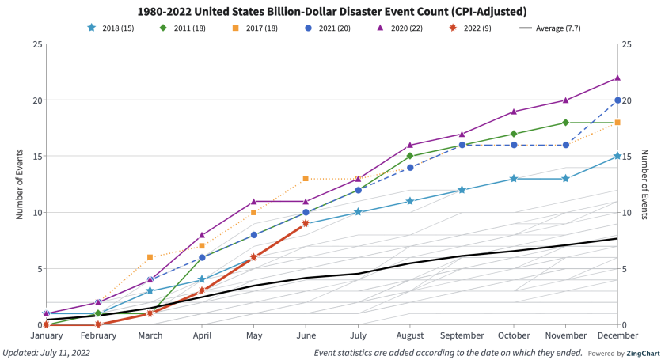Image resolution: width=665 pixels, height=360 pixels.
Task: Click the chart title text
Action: click(x=332, y=12)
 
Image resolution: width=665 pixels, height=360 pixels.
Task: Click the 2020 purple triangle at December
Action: click(x=617, y=78)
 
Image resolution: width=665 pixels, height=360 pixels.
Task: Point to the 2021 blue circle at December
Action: click(x=617, y=100)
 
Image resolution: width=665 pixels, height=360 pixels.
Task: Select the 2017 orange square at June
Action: click(x=306, y=179)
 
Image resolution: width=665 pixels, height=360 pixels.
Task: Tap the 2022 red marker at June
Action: click(x=306, y=224)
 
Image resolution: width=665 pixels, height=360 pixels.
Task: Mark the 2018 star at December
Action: click(x=617, y=157)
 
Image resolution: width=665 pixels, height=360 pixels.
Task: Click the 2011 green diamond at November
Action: click(x=565, y=123)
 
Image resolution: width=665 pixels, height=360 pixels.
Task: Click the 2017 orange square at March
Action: click(x=150, y=257)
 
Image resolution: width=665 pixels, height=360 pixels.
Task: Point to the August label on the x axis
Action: click(x=409, y=335)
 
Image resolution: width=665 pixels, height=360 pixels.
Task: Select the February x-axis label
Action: click(x=98, y=335)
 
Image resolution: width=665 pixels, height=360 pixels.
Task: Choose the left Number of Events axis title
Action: click(x=20, y=184)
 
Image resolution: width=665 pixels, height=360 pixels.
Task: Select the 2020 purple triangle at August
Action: click(x=409, y=145)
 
